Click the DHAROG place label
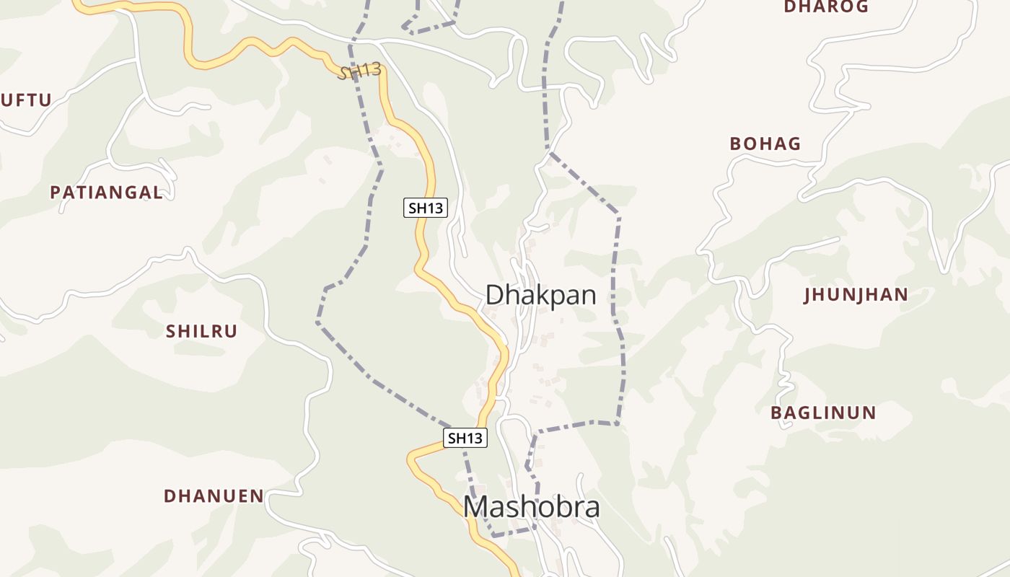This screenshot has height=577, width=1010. (826, 6)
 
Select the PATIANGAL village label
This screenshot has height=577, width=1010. (106, 193)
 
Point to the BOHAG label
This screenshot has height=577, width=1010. (765, 144)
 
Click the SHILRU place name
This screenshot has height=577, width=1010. (201, 331)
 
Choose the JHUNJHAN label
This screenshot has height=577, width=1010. (856, 294)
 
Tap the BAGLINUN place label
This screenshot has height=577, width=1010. (823, 413)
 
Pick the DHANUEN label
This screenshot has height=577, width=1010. (214, 496)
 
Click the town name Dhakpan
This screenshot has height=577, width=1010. (540, 295)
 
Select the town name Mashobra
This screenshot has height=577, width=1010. (531, 507)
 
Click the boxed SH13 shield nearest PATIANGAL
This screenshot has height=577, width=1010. (425, 208)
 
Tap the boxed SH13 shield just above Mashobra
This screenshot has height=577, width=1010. (465, 438)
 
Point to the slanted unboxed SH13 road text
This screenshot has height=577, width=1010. (359, 71)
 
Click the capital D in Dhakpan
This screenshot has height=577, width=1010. (494, 295)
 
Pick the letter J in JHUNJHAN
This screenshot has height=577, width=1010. (808, 294)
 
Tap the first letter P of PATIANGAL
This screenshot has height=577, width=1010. (55, 193)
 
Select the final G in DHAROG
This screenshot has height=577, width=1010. (862, 6)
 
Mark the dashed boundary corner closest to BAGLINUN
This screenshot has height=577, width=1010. (618, 423)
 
